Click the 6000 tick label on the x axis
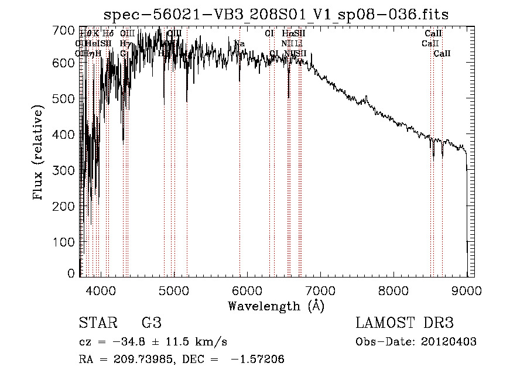247,290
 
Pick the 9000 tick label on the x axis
467,290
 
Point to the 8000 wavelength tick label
393,290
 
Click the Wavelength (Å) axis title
276,306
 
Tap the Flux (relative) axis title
39,153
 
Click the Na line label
239,44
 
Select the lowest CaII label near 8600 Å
442,54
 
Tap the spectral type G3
151,323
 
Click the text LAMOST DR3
404,323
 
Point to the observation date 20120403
449,342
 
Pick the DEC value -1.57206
259,360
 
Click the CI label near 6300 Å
269,34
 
